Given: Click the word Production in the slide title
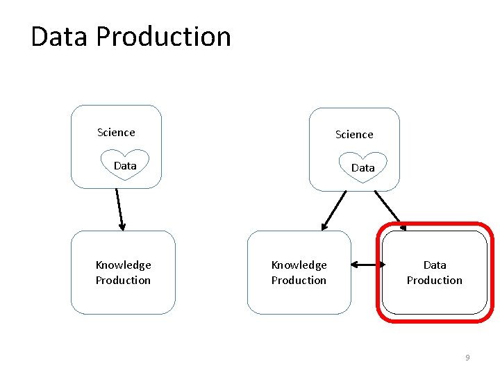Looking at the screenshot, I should (x=164, y=36).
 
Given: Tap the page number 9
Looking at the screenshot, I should (x=467, y=358).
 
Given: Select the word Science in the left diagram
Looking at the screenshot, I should (x=116, y=132).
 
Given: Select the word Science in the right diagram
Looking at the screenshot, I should (x=354, y=134).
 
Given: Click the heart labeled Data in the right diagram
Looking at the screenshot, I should (x=362, y=167).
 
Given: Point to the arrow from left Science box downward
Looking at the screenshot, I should (x=119, y=208).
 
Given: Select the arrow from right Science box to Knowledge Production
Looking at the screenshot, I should (x=334, y=210).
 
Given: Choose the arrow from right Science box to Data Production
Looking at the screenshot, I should (x=390, y=208).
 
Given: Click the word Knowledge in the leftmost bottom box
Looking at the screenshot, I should (x=123, y=265).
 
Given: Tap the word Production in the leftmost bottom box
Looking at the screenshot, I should (x=123, y=280).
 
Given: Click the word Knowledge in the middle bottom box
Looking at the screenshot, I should (x=299, y=265).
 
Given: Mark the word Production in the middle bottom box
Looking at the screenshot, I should (x=299, y=280).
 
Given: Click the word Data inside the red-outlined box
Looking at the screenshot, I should (x=435, y=265).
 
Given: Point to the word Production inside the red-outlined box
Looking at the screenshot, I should (x=435, y=280).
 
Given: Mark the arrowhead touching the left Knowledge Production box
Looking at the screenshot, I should (x=122, y=226).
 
